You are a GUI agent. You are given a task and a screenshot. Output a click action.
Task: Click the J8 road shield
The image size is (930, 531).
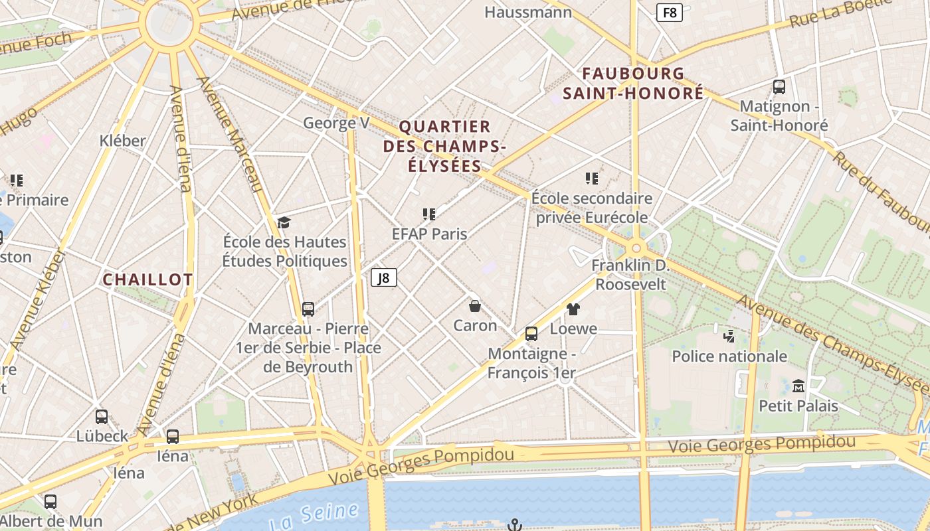pos(383,277)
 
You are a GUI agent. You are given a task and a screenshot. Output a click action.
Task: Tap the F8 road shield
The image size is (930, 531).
pos(670,13)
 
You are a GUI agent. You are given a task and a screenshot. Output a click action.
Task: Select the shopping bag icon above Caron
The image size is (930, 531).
pos(475,306)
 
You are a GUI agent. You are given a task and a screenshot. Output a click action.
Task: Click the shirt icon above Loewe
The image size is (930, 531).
pos(573,309)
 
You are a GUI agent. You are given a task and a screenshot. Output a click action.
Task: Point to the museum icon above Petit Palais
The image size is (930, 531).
pos(798,386)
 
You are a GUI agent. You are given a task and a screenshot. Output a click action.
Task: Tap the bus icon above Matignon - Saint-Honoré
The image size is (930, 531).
pos(779,86)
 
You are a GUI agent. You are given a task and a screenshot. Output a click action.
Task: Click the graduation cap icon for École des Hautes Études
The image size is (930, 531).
pos(284,222)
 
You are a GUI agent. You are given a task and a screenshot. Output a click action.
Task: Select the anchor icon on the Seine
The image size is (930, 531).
pos(514,525)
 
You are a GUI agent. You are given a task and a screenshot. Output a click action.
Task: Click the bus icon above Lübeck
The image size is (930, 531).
pos(102,416)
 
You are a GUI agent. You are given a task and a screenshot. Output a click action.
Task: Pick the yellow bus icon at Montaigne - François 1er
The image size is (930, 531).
pos(531,333)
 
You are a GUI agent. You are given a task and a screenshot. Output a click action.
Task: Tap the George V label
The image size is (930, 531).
pos(336,123)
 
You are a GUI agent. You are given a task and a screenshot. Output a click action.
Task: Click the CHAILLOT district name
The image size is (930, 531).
pos(147,279)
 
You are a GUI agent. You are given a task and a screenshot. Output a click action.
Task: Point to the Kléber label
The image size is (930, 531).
pos(122,141)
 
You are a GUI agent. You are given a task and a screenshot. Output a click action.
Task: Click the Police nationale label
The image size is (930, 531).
pos(729,356)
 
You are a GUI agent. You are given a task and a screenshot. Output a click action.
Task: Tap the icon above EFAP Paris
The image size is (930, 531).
pos(429,214)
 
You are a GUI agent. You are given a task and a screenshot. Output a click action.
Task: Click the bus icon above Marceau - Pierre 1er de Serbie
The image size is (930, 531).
pos(308,309)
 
